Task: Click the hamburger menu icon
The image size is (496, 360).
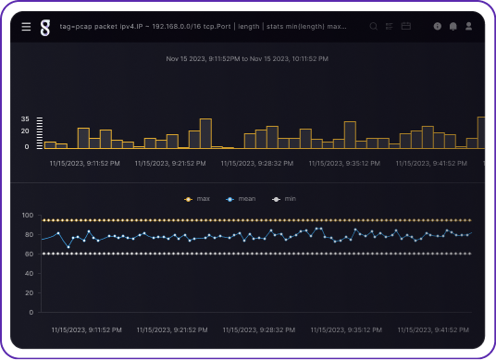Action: [x=26, y=27]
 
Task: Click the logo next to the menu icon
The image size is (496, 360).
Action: [x=44, y=28]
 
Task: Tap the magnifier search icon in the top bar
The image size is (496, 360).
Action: [x=374, y=27]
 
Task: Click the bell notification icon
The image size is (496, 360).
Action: [x=453, y=27]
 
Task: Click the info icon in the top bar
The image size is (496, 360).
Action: [x=438, y=27]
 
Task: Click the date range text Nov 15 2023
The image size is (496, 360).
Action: [x=247, y=59]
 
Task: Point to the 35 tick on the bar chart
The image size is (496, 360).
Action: [x=26, y=119]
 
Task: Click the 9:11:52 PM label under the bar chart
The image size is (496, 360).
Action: [x=84, y=163]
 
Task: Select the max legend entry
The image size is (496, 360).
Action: [x=198, y=199]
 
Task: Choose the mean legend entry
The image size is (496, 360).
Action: [x=242, y=199]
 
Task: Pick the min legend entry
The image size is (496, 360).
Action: [x=285, y=199]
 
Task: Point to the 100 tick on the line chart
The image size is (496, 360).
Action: [x=28, y=216]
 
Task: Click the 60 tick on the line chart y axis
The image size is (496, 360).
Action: [x=30, y=254]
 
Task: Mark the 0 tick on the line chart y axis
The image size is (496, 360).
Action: [x=31, y=313]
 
